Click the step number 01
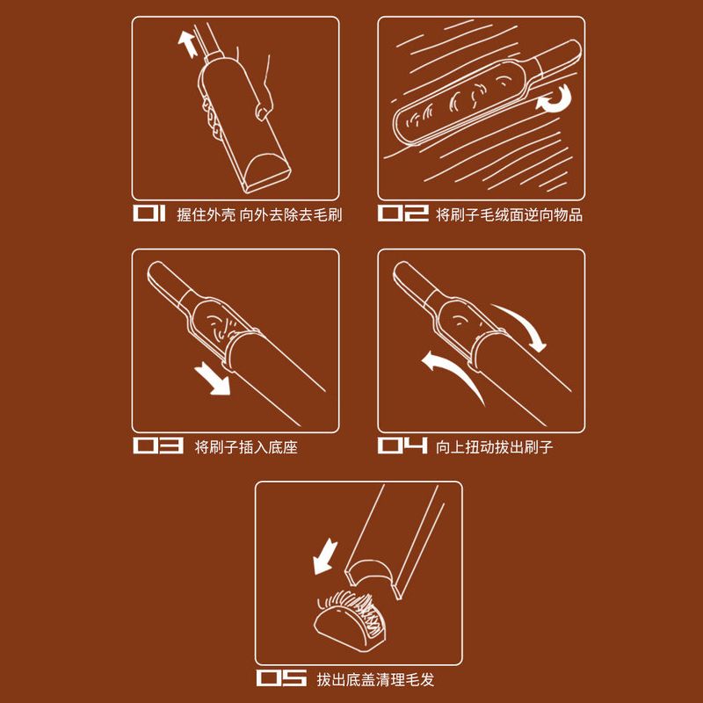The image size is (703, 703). (149, 214)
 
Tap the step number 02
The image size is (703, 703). (403, 214)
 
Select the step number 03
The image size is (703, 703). (158, 446)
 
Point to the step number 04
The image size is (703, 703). (403, 446)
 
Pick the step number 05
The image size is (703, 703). (281, 678)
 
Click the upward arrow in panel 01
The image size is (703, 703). (188, 43)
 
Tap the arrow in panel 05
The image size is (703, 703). (324, 556)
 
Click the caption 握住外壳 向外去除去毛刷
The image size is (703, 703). (259, 214)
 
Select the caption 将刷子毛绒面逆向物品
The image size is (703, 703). (510, 214)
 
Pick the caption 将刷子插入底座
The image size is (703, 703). (246, 447)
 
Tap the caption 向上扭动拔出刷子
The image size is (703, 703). (495, 447)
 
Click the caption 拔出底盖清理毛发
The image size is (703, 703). (376, 679)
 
